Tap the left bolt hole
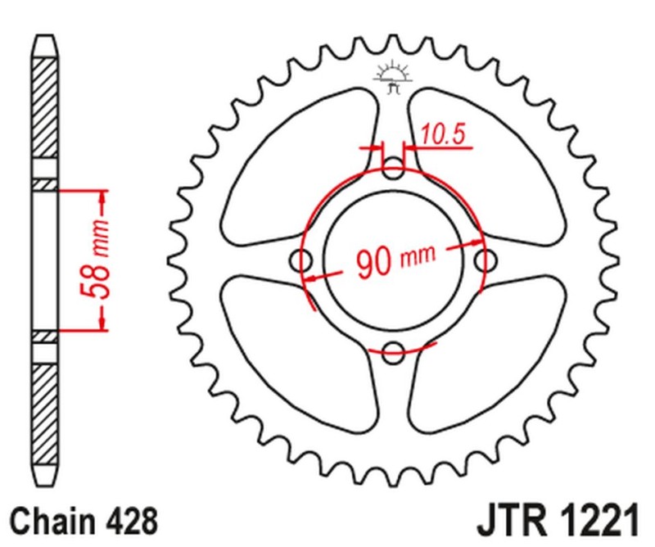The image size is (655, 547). [x=303, y=262]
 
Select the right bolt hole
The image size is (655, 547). [x=486, y=262]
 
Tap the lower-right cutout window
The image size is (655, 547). [x=490, y=360]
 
